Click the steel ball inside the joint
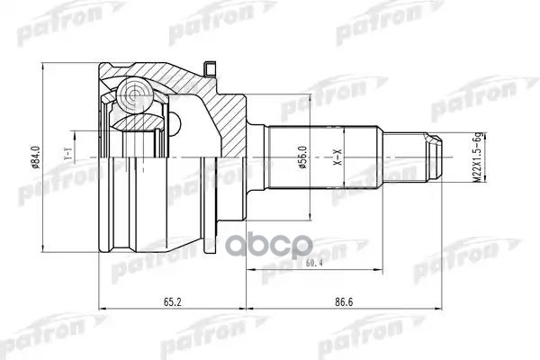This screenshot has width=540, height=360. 135,94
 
